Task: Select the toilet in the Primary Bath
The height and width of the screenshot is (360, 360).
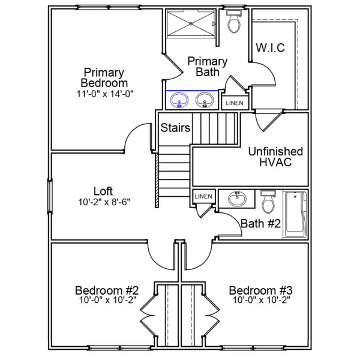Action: pos(234,22)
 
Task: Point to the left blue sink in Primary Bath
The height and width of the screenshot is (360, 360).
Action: pos(178,100)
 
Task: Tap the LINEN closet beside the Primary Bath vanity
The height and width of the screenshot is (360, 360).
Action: pos(234,103)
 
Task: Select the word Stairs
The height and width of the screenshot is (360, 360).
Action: pos(175,128)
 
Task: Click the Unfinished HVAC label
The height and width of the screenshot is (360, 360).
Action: pos(275,157)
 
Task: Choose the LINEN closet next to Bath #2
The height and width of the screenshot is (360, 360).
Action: pos(203,197)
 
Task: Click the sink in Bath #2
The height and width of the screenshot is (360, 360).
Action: pos(236,198)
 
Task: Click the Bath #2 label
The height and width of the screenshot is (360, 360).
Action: pos(261,224)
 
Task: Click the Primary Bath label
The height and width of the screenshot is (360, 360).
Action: pos(207,67)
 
